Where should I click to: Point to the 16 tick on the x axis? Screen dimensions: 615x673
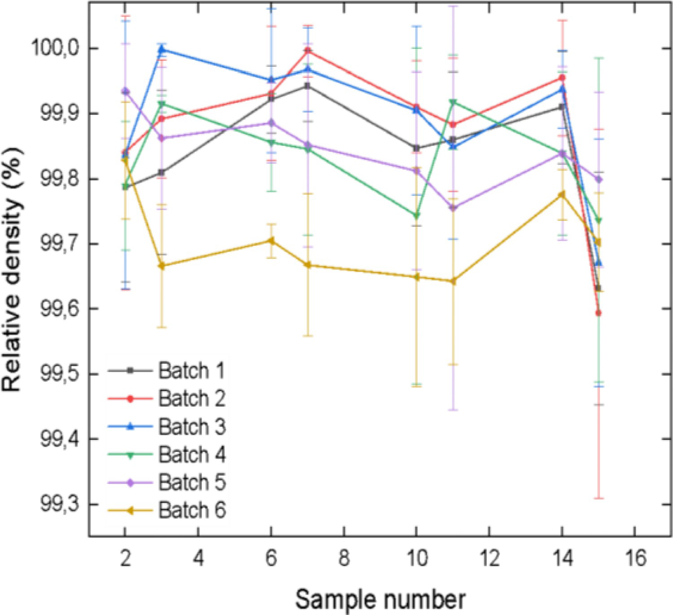(x=635, y=559)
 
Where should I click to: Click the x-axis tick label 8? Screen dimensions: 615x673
(x=344, y=559)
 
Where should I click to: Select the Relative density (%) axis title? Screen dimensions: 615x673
(x=12, y=270)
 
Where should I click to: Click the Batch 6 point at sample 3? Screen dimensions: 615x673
(x=162, y=266)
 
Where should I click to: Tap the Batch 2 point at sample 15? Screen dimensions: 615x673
(x=598, y=313)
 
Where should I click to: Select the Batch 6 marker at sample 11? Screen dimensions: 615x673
(x=453, y=281)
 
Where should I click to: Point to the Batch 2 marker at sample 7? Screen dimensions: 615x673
(x=308, y=51)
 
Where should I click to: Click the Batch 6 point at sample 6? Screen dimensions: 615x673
(x=271, y=240)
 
